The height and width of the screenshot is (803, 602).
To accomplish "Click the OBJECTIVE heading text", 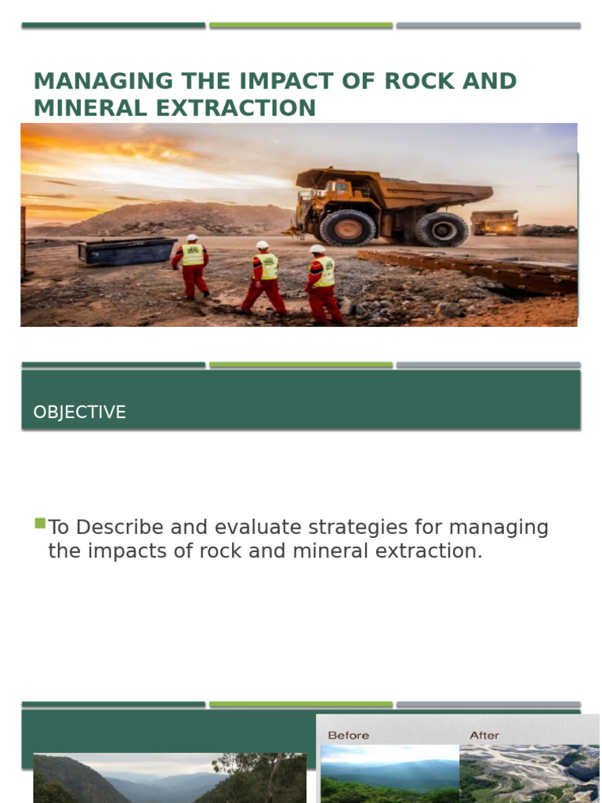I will click(x=79, y=412).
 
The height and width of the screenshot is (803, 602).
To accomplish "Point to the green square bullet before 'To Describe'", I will click(x=40, y=523).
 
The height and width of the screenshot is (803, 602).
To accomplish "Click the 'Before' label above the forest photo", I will click(x=348, y=736).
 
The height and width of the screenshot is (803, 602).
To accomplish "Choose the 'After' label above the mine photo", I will click(x=484, y=736).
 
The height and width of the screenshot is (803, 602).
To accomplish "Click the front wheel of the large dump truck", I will click(x=347, y=228).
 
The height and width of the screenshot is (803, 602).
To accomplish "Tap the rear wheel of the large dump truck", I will click(x=441, y=229).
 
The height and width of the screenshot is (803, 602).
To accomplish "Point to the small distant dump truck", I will click(x=494, y=222).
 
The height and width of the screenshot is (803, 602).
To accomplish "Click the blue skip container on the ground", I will click(x=127, y=250).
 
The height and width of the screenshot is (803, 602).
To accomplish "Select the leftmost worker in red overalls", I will click(x=191, y=267).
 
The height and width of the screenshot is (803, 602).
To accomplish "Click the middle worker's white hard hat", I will click(x=262, y=245).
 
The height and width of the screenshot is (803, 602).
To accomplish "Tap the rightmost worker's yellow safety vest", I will click(x=324, y=271).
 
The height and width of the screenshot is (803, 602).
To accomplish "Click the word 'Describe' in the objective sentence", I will click(x=117, y=527).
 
